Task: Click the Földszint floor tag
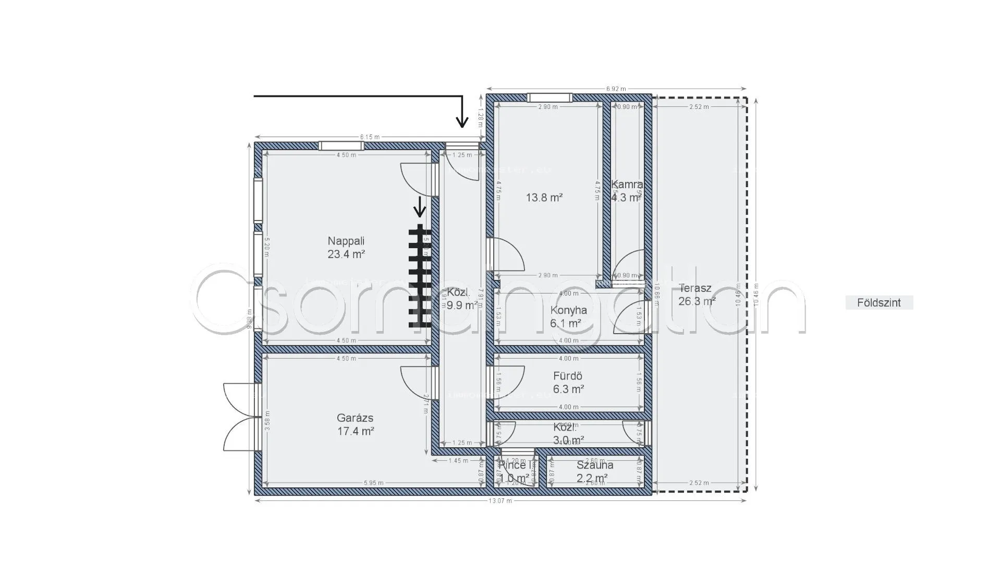879,303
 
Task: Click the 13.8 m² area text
544,198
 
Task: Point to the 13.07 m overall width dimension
500,501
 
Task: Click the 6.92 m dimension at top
616,89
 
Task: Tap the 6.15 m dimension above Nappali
369,137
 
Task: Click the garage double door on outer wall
241,417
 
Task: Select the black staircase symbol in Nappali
420,276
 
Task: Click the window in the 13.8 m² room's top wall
550,97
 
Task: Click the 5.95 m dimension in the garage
374,483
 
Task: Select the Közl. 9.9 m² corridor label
462,299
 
